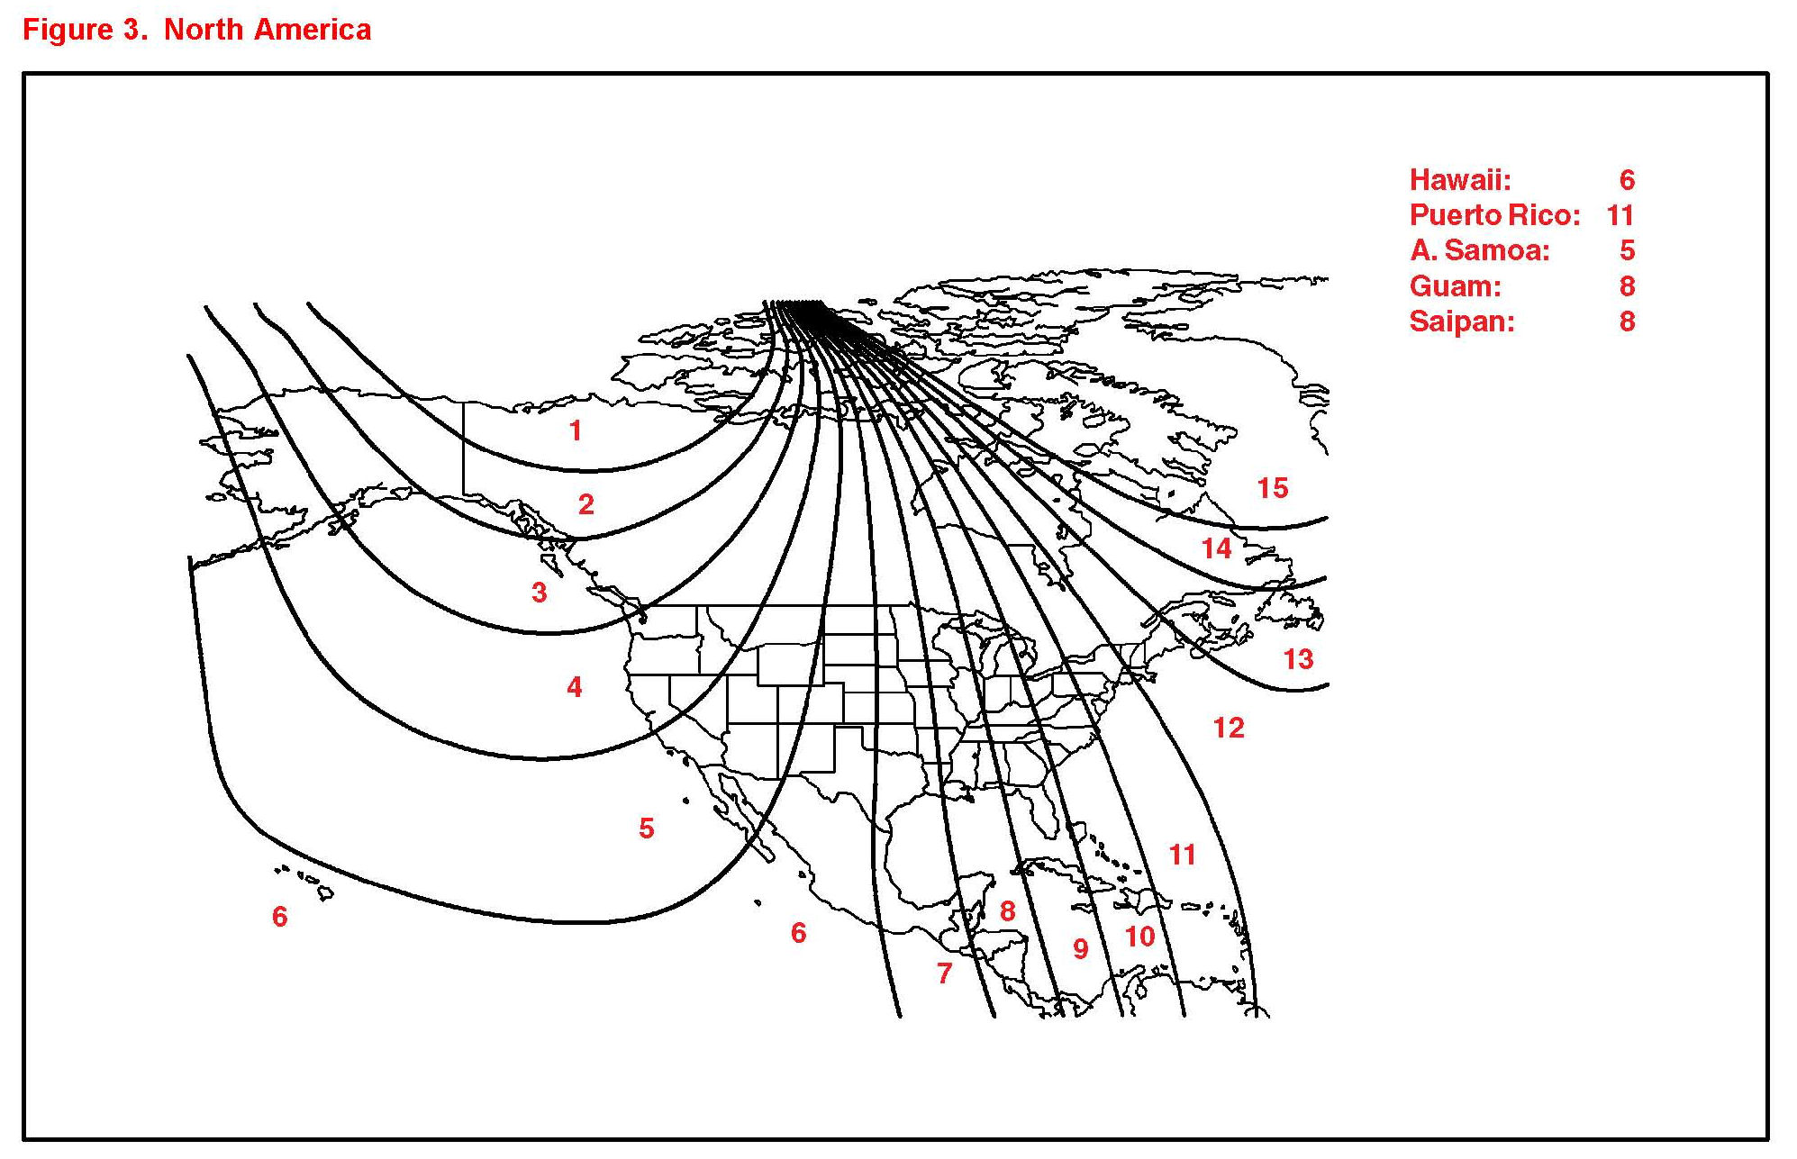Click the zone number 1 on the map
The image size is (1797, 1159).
point(576,431)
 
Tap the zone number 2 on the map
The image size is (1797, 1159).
point(586,504)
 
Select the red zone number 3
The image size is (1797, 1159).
point(540,593)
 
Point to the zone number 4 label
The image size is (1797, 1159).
point(575,687)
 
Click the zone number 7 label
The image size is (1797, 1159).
point(944,973)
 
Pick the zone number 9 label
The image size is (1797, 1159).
point(1081,949)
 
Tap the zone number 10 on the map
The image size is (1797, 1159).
point(1140,937)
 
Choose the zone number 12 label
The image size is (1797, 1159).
point(1229,728)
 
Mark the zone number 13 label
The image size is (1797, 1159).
point(1298,659)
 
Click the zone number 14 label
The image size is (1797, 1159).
point(1217,548)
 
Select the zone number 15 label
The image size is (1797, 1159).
point(1273,488)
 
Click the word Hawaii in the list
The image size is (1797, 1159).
point(1460,180)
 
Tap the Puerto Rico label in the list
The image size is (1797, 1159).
point(1495,215)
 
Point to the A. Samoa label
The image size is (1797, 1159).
point(1480,250)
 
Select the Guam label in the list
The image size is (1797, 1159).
point(1456,286)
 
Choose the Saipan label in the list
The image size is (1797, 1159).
point(1462,321)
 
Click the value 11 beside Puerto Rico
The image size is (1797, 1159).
point(1620,215)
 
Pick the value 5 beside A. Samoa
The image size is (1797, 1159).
point(1628,250)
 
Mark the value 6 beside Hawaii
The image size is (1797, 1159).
point(1628,180)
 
